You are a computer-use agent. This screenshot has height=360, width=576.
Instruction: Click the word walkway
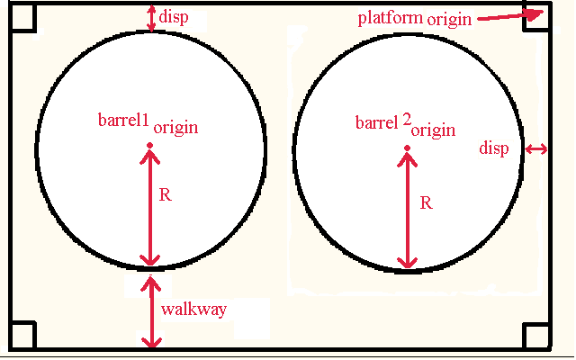coord(193,310)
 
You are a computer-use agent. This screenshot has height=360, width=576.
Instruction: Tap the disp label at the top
coord(174,17)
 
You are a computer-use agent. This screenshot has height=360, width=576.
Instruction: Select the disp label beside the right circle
coord(494,148)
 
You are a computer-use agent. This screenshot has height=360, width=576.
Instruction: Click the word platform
coord(390,18)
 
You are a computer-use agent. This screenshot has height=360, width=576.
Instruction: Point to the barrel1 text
coord(123,120)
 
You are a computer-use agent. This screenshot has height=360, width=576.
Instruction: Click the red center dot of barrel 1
coord(150,146)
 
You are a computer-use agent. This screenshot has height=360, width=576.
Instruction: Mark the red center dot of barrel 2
coord(407,148)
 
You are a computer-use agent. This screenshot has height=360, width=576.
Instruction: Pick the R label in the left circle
coord(166,194)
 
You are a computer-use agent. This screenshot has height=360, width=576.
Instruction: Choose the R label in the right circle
coord(426,202)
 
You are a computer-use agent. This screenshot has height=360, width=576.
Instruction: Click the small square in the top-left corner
coord(22,16)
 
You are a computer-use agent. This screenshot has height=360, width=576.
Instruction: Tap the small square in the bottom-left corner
coord(22,335)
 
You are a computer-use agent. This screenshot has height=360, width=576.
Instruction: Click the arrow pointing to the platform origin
coord(510,15)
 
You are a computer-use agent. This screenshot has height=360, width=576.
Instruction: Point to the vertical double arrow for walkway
coord(151,311)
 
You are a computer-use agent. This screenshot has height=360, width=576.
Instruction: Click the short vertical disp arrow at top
coord(151,18)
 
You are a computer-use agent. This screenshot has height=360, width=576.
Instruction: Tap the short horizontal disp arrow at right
coord(536,149)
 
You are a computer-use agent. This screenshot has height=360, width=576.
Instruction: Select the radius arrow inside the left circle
coord(150,208)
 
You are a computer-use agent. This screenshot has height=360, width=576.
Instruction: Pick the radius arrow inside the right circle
coord(407,211)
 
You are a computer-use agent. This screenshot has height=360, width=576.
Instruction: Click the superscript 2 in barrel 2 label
coord(407,121)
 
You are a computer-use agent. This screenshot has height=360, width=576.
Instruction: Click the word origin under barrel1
coord(176,128)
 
